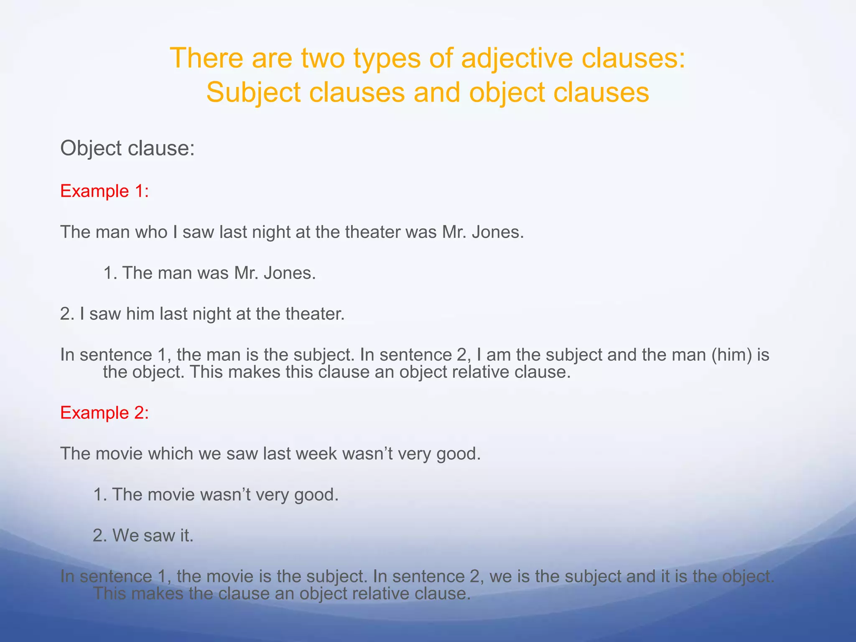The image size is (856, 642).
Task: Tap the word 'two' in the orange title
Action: [323, 58]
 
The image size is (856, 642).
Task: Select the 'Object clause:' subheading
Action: [127, 148]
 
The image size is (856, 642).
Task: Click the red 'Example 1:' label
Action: [104, 191]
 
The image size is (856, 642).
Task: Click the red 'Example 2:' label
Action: [104, 413]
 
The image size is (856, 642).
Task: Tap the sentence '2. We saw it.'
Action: [143, 535]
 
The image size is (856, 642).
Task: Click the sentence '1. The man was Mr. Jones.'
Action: [209, 273]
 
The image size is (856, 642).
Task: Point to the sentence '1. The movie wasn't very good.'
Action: [215, 494]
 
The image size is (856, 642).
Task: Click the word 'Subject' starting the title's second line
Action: [253, 92]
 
